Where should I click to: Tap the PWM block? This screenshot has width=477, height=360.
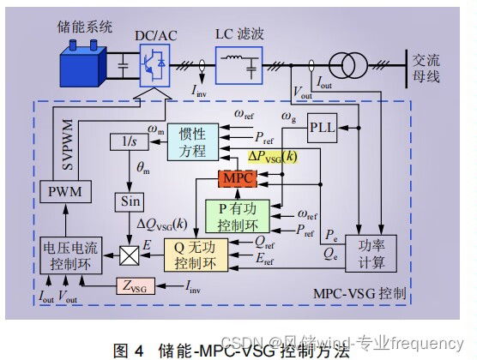[x=65, y=192]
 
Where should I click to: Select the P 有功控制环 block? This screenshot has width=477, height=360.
[x=238, y=214]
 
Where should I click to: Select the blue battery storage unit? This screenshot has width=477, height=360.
[x=77, y=65]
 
